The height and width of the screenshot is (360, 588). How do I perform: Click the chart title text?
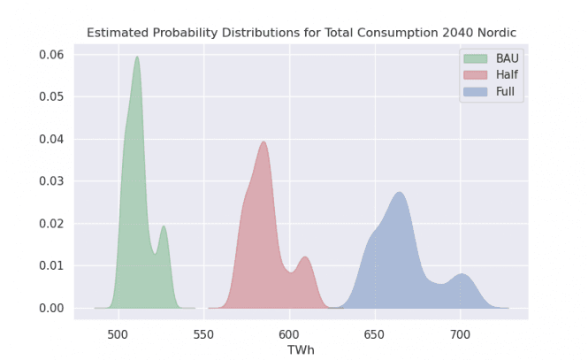tap(301, 33)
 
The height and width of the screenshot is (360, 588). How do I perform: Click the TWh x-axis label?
tap(301, 350)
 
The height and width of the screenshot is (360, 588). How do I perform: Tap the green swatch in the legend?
tap(475, 58)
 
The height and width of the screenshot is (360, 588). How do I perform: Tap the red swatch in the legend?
tap(475, 74)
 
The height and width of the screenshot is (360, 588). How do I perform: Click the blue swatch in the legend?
tap(475, 90)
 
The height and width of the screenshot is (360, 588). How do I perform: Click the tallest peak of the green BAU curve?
tap(137, 57)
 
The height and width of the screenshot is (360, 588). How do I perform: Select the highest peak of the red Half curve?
tap(263, 142)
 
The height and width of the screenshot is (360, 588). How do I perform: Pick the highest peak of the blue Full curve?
tap(400, 193)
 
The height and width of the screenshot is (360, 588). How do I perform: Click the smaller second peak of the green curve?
tap(164, 226)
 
